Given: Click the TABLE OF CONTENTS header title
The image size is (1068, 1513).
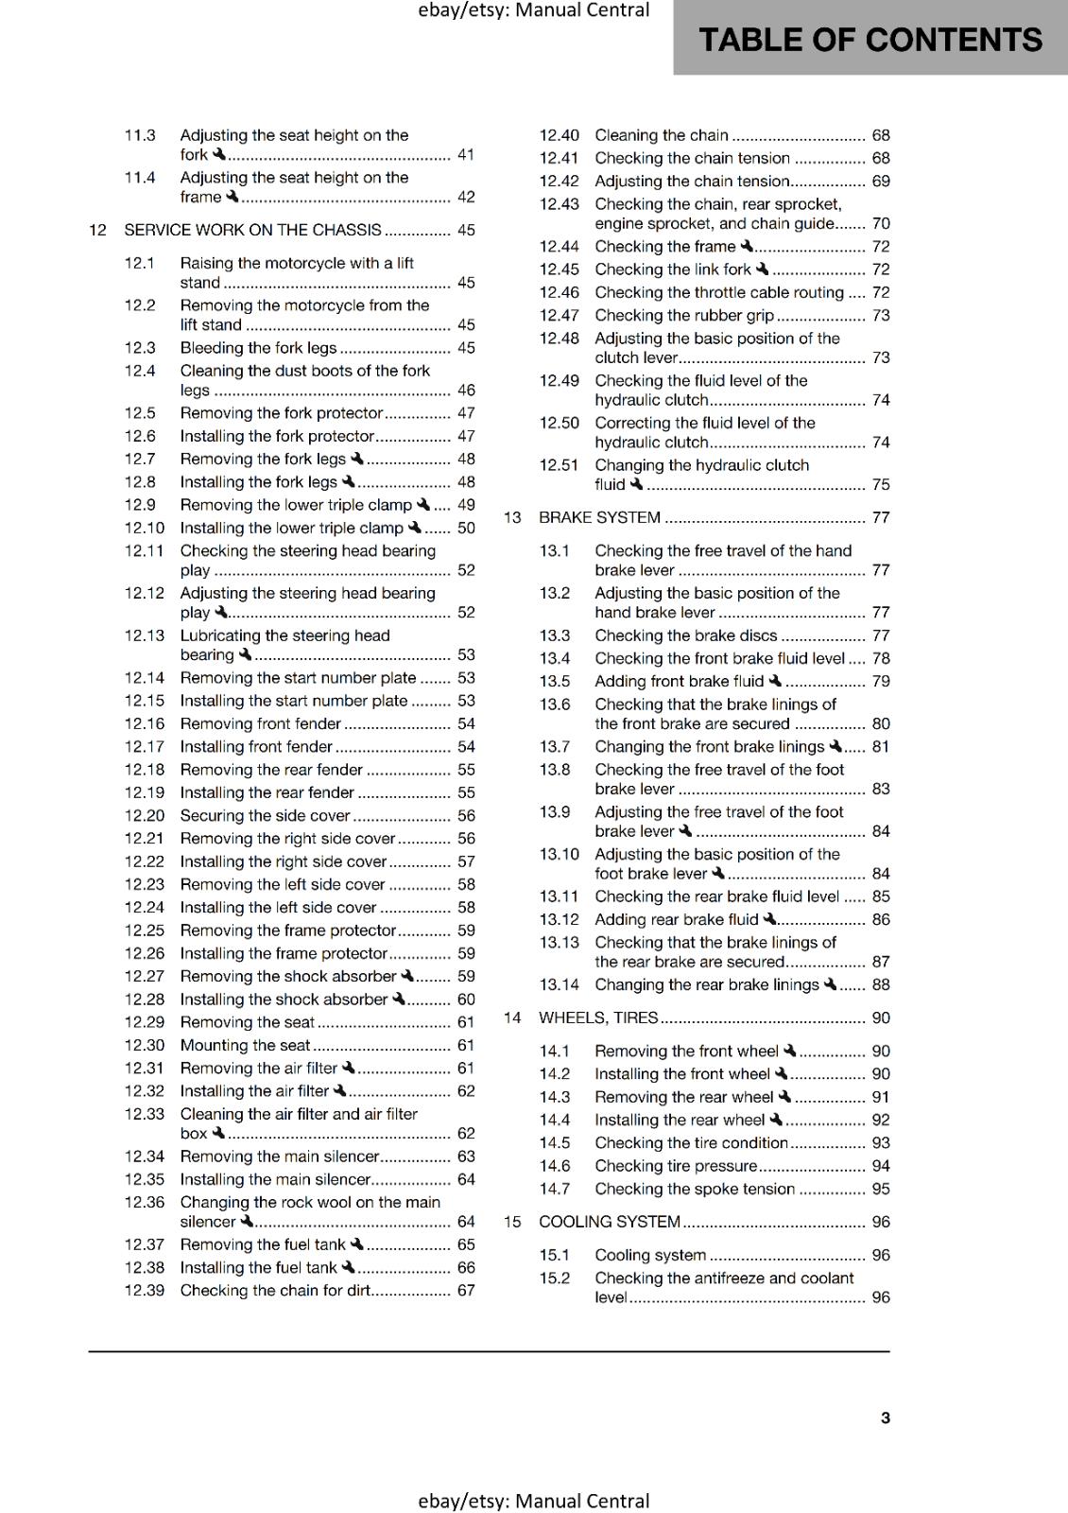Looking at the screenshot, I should coord(870,40).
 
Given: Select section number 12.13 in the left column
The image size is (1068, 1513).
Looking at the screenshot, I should coord(145,635).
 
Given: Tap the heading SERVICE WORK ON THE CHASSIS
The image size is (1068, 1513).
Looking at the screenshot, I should coord(252,230).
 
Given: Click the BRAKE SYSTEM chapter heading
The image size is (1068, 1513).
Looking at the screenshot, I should coord(599,517).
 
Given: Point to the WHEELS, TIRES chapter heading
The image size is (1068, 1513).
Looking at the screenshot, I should coord(598,1017).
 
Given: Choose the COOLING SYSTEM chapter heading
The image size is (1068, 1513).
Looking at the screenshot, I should coord(610,1222).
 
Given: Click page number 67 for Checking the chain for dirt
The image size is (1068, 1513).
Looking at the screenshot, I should coord(466,1290).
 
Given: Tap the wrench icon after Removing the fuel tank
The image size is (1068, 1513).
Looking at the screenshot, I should coord(357,1243).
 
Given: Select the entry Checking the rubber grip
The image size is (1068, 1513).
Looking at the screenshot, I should coord(684,315).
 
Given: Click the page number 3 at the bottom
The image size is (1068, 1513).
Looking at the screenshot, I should coord(885,1417).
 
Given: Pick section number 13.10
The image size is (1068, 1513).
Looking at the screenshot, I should coord(559,854).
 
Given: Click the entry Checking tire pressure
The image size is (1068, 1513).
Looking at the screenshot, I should coord(676,1166).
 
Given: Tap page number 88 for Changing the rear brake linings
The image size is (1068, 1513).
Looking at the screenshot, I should coord(881,984).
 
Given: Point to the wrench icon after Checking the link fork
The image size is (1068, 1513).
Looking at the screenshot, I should coord(763,269).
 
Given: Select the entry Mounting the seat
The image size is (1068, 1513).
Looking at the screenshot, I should coord(245,1045).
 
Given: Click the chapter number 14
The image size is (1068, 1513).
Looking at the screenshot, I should coord(512,1017).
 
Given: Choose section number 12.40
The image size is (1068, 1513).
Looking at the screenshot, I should coord(559,135).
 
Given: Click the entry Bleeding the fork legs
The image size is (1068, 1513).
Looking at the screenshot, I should coord(258,347).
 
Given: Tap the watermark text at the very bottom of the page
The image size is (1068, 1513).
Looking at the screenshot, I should coord(533,1501).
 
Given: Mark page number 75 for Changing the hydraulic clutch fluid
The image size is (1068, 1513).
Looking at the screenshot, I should coord(881,484).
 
